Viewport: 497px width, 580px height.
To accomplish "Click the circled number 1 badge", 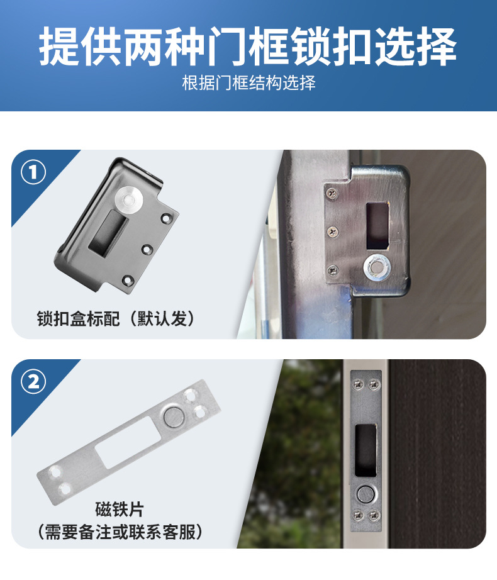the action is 33,172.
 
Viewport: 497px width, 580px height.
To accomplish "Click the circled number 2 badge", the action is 33,381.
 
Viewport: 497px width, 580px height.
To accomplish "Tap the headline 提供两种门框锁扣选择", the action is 248,47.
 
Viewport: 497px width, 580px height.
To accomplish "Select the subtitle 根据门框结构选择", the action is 248,82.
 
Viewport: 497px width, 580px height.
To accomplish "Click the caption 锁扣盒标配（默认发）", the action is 115,318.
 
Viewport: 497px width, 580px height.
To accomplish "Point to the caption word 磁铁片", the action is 119,509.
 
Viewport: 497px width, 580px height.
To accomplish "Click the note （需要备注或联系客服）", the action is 120,532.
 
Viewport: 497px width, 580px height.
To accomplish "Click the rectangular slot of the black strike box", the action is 108,233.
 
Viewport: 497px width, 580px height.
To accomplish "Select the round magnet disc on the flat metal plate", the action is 174,417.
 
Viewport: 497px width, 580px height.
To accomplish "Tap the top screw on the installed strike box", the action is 332,193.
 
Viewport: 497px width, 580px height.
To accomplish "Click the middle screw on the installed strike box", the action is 333,232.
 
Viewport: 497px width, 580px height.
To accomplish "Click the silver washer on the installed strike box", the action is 377,267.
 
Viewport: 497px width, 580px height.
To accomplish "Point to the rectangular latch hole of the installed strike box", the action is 377,226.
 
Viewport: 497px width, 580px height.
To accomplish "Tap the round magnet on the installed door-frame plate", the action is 366,494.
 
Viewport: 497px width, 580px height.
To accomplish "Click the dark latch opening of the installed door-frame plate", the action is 366,450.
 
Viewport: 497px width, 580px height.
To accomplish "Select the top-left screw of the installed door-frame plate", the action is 357,385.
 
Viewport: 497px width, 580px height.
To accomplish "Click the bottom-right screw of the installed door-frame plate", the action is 374,515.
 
